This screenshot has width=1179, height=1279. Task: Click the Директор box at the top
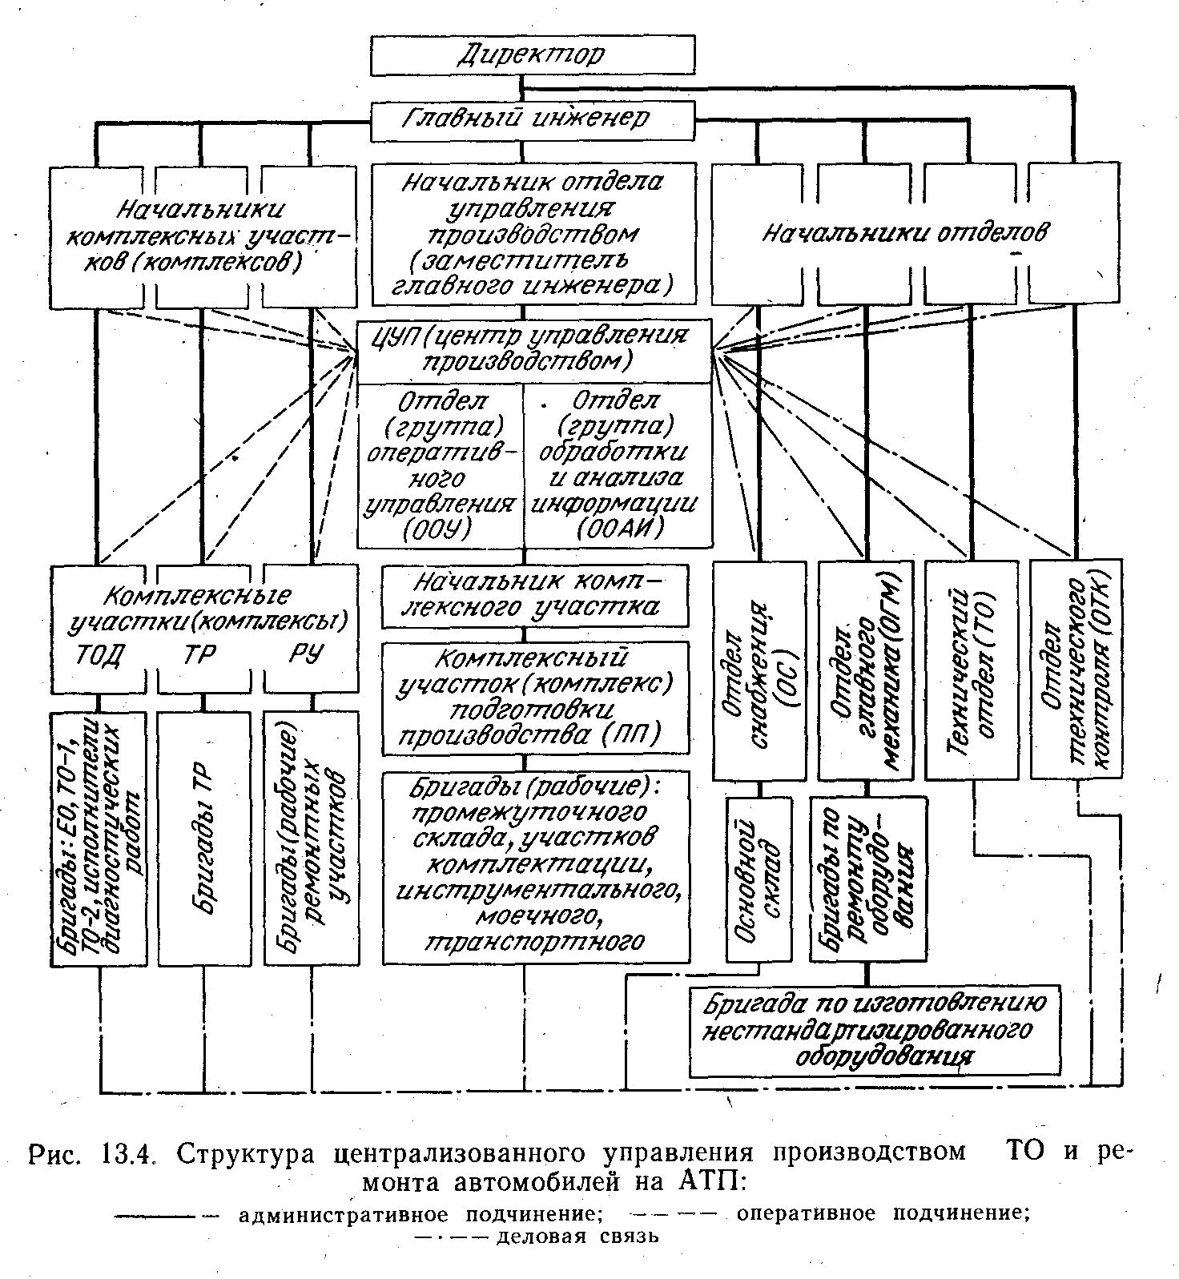(532, 54)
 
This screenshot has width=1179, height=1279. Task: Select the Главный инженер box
(532, 119)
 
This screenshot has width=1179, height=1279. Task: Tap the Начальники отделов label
(904, 233)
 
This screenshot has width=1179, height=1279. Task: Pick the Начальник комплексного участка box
(533, 595)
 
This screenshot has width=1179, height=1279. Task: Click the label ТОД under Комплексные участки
(99, 656)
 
